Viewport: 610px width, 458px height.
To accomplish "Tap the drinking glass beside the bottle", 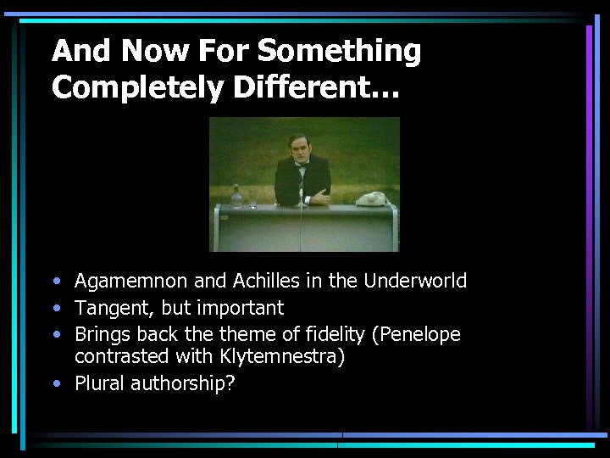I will pos(252,202).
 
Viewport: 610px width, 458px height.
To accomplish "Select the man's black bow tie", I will pos(299,166).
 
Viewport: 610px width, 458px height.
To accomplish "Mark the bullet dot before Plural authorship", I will pos(56,384).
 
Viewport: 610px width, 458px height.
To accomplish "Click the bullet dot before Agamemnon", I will pos(56,282).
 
